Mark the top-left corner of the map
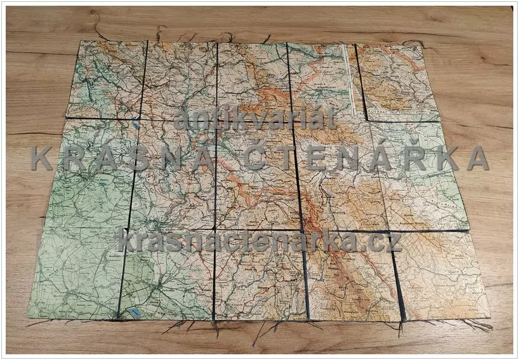coord(81,42)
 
